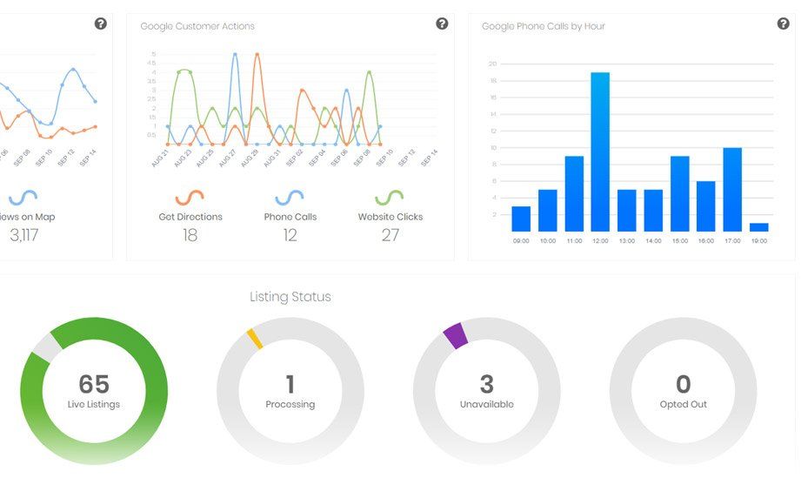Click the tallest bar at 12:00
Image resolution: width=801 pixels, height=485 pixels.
600,152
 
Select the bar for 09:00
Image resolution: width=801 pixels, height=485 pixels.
521,219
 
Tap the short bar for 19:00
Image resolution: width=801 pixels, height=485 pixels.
758,227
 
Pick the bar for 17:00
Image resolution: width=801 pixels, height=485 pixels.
732,189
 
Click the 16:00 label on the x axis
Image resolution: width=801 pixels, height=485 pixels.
705,240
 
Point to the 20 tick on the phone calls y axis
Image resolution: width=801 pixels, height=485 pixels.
492,64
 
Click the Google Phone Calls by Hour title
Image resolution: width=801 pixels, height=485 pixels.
544,26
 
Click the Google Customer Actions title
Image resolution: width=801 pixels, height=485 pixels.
197,26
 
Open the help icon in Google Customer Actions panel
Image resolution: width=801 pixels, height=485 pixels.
442,24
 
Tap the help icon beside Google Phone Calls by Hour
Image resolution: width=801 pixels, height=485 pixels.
783,24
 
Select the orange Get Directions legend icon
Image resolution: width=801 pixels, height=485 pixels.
190,197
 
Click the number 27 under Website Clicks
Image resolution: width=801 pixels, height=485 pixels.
390,235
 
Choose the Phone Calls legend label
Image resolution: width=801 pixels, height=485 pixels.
290,217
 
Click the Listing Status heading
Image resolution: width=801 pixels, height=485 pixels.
290,297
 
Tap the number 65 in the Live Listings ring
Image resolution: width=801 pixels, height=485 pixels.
94,384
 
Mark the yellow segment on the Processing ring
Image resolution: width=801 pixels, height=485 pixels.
254,339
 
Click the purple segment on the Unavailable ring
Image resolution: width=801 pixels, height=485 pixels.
456,335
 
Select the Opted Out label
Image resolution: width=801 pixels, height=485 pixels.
683,404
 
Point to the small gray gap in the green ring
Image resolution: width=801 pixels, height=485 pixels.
45,347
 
